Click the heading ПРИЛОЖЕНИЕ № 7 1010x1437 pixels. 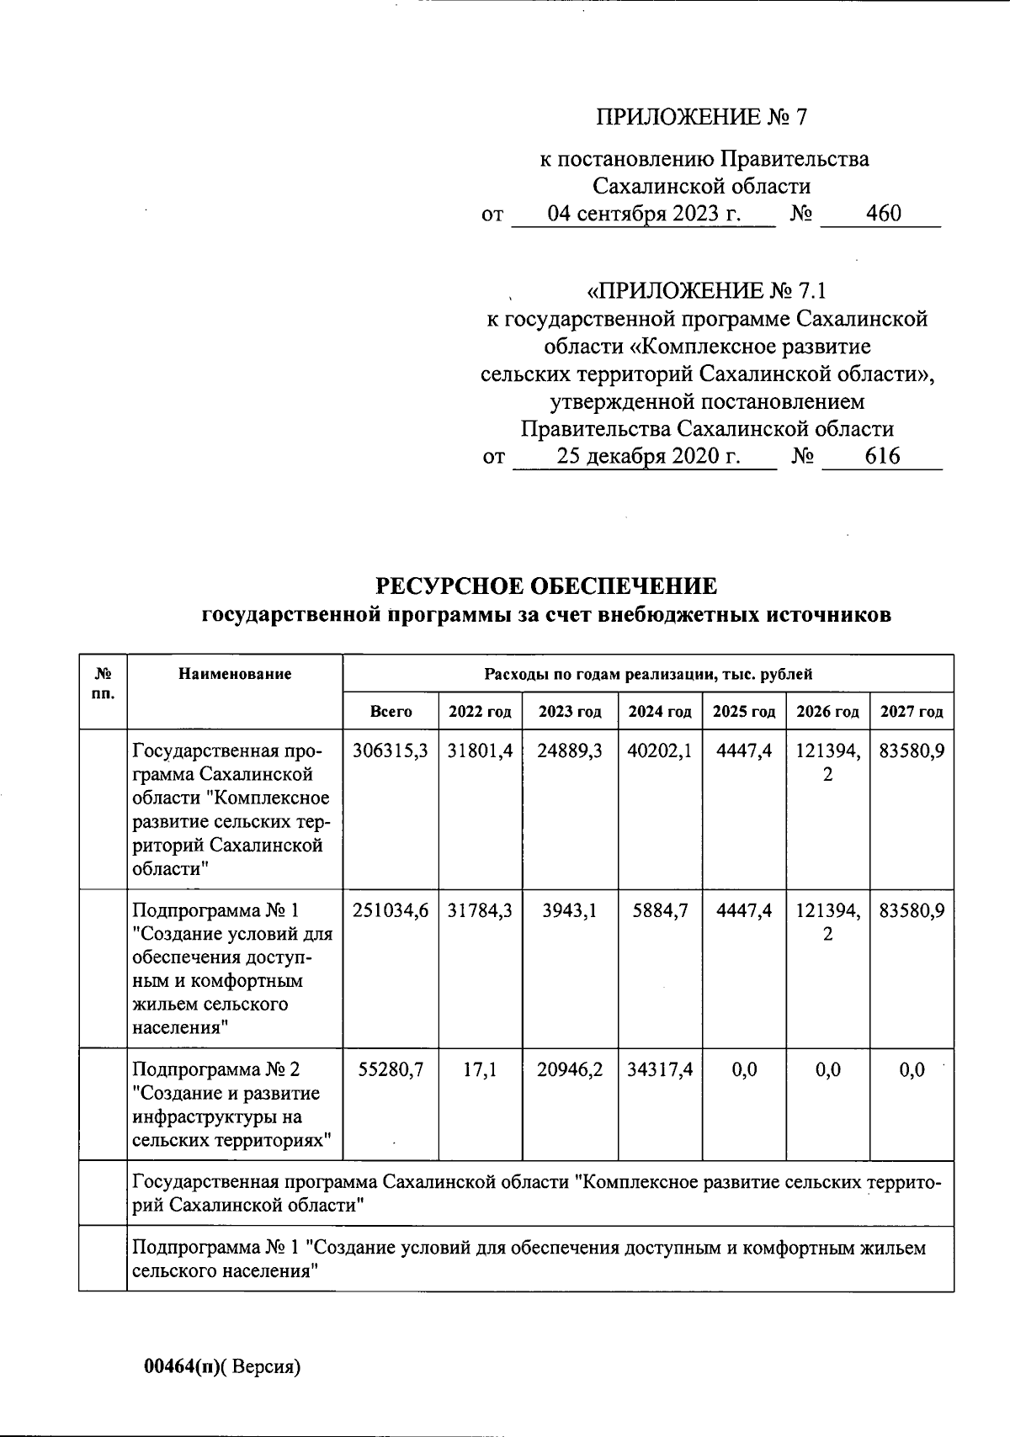701,117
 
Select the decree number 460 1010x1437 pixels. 883,213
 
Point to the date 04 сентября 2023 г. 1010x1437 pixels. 644,213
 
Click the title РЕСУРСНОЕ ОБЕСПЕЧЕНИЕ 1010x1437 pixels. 545,586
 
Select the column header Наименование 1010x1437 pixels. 235,673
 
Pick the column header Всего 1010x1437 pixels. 391,712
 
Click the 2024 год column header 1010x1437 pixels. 659,712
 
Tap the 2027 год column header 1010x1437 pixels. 912,712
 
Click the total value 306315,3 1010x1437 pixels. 391,750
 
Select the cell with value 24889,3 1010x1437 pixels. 570,750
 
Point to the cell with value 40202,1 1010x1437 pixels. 659,750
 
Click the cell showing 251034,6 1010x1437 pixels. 391,910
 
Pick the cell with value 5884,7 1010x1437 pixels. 659,910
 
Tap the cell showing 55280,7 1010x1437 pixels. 391,1069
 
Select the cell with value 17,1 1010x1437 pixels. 480,1069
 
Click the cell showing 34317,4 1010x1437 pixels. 659,1069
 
